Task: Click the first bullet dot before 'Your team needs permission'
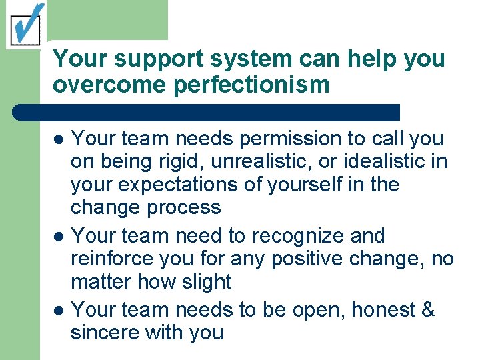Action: pos(59,140)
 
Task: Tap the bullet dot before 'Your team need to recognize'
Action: pos(59,237)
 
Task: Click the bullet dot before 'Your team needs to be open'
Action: pos(59,311)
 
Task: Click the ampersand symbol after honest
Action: pos(427,310)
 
